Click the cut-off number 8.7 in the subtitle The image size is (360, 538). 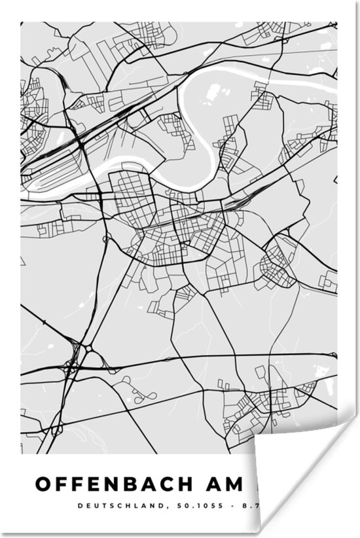click(248, 506)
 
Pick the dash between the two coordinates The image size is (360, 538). click(230, 506)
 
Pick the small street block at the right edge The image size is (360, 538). click(327, 281)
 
